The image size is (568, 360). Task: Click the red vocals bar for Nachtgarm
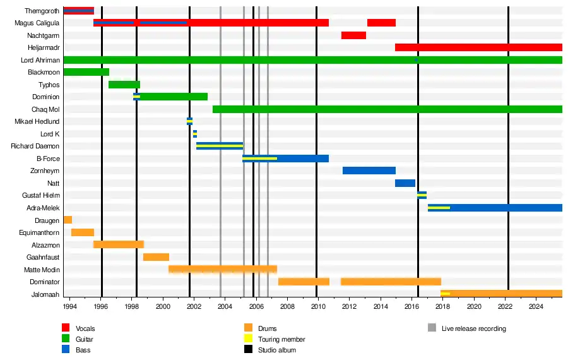pos(353,35)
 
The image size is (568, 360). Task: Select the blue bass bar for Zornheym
pos(369,171)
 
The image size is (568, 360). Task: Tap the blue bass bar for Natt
pos(405,183)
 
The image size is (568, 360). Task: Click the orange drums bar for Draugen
pos(68,220)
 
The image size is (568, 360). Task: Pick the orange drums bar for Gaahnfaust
pos(156,257)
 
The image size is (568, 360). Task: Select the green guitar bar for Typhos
pos(124,85)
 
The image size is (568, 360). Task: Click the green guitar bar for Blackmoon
pos(86,72)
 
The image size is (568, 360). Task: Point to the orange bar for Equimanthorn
pos(82,232)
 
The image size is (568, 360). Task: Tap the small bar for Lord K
pos(195,134)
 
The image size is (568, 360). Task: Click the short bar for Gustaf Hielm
pos(422,195)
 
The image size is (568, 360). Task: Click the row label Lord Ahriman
pos(40,60)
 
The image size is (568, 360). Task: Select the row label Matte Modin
pos(42,270)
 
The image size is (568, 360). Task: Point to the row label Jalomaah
pos(45,294)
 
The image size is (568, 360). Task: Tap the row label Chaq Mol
pos(45,109)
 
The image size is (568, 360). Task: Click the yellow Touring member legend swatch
pos(248,339)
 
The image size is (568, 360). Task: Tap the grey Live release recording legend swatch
pos(432,328)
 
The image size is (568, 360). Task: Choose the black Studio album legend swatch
pos(248,350)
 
